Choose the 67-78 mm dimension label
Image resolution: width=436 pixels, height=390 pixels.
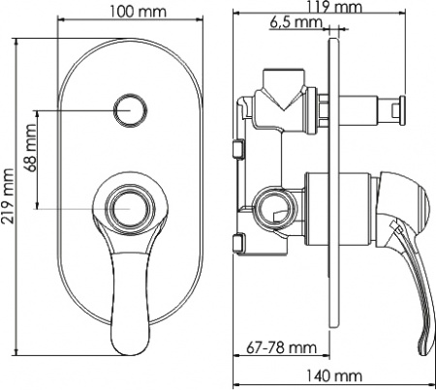click(x=288, y=346)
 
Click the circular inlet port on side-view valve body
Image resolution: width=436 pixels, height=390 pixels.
click(x=273, y=206)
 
